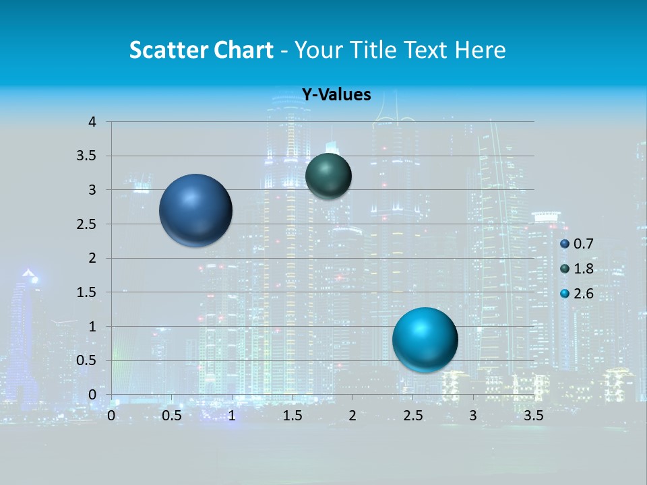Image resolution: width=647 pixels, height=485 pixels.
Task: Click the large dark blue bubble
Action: click(x=195, y=209)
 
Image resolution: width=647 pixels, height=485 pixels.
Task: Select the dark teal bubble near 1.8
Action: click(x=328, y=176)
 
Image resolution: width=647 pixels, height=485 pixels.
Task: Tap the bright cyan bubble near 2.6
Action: click(x=425, y=339)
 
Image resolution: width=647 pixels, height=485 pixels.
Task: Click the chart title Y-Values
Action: click(x=336, y=95)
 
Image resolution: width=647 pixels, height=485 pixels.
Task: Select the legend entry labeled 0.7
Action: click(x=578, y=244)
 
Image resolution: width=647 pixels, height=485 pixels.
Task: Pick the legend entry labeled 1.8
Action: click(x=578, y=269)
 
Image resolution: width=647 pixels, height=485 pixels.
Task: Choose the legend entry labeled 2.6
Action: click(x=578, y=294)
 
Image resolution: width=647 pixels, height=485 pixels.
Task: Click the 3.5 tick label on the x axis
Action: click(x=534, y=415)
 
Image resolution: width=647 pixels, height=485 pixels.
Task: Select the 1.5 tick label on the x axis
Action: click(x=292, y=415)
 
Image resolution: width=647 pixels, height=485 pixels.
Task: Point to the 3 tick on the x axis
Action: click(x=473, y=415)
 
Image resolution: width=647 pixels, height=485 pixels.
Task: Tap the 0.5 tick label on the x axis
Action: click(x=171, y=415)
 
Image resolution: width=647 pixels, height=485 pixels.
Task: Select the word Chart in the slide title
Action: click(x=243, y=50)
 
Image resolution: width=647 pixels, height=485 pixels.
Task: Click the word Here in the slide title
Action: click(x=480, y=50)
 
